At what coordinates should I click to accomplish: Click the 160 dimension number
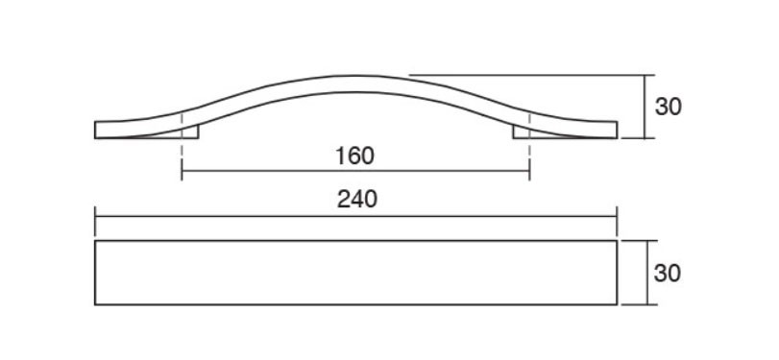pos(354,156)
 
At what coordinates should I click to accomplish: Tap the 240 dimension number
pos(357,199)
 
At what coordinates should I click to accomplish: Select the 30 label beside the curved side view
pos(669,107)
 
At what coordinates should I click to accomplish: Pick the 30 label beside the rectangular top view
pos(668,273)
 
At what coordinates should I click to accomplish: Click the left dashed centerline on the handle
pos(182,146)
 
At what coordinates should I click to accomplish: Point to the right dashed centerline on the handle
pos(529,146)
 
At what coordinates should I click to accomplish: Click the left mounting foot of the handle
pos(190,132)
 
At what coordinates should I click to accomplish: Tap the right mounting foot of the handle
pos(522,132)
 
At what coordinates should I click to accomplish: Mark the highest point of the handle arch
pos(355,76)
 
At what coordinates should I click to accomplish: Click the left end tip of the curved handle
pos(95,130)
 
